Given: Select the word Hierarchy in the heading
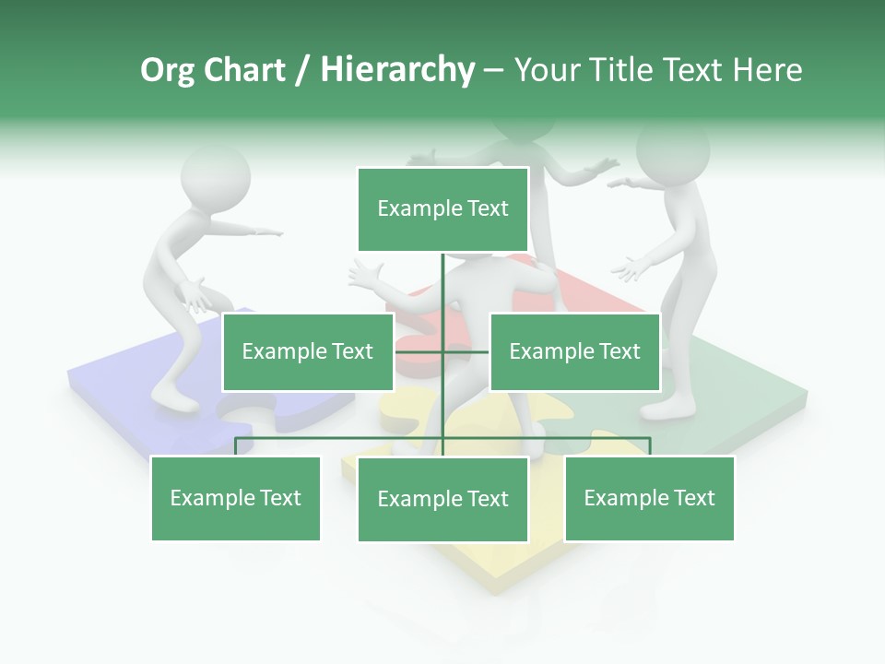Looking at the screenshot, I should point(397,70).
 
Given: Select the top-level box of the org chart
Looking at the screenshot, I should point(442,209).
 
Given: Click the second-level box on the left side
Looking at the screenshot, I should point(307,351).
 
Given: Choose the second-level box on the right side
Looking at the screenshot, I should point(574,351).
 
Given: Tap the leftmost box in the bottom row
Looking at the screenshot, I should point(235,498).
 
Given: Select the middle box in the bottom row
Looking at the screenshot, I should point(442,499).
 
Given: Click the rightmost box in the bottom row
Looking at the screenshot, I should point(649,498).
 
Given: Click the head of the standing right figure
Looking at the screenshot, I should point(672,152).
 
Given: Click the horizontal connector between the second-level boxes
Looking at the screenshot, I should point(442,351).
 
